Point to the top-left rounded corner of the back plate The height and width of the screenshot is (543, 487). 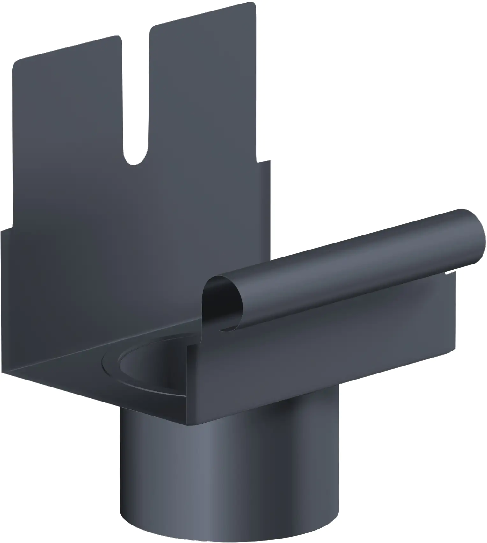(16, 62)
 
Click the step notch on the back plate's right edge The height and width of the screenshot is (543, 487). (263, 162)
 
